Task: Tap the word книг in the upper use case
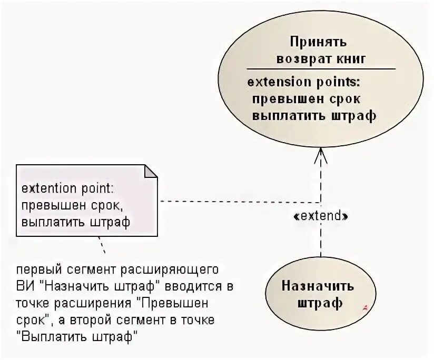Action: point(350,58)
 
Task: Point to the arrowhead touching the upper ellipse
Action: point(321,154)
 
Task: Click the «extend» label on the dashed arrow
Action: point(321,216)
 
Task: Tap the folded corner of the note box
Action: point(151,172)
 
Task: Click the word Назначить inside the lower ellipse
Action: point(318,286)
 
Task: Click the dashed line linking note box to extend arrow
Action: point(237,202)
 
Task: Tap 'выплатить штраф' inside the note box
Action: point(75,222)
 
